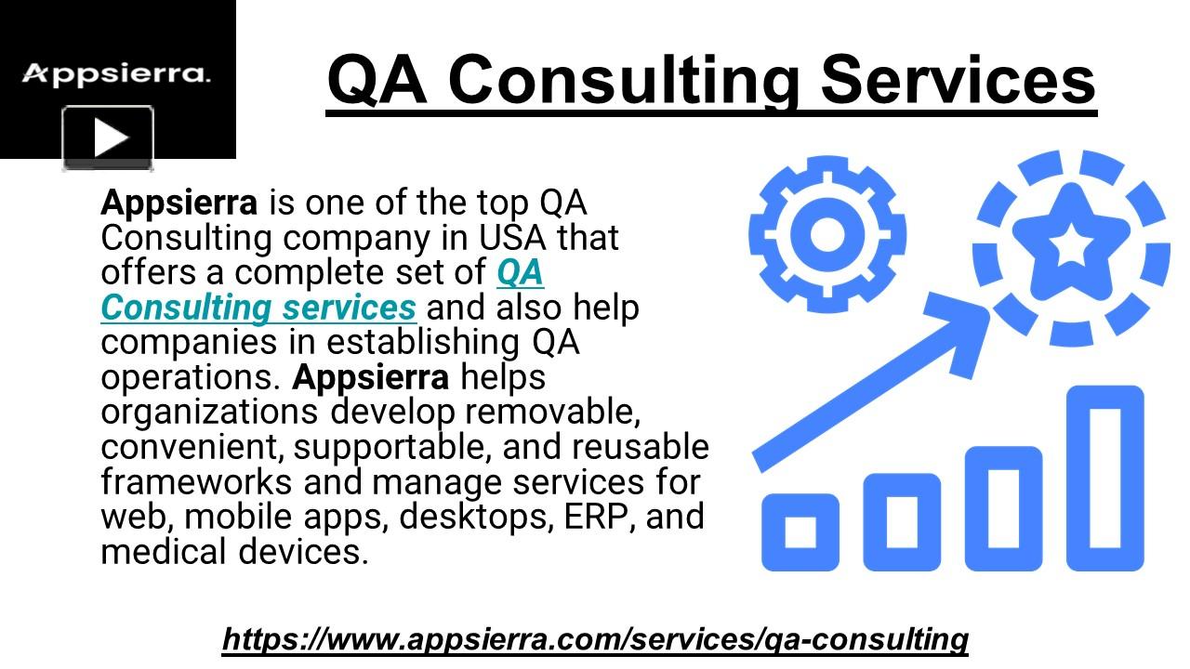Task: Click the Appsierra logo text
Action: click(x=116, y=74)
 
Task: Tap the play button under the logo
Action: click(x=108, y=138)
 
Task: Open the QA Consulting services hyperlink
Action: click(x=258, y=307)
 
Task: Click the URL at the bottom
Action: click(x=595, y=639)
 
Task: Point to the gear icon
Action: click(x=826, y=233)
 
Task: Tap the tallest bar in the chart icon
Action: click(x=1104, y=478)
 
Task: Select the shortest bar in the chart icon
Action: click(x=800, y=531)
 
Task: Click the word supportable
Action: click(x=392, y=447)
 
